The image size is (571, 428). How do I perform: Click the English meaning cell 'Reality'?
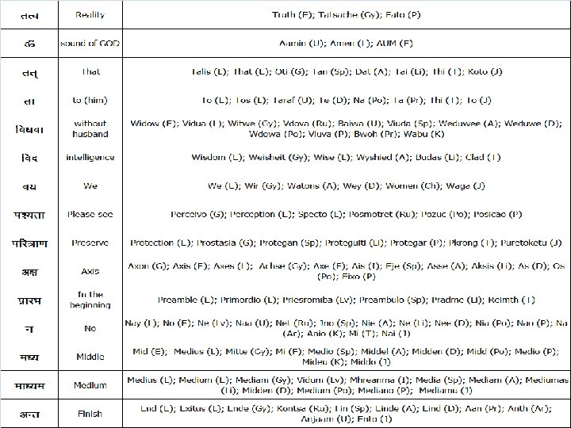pos(90,15)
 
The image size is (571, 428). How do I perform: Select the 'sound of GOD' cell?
pos(90,43)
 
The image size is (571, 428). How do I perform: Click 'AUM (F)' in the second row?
pos(395,43)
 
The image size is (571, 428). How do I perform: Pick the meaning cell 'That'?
pos(90,71)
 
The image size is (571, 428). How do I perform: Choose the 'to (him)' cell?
pos(90,100)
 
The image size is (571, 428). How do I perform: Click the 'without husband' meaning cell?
pos(90,128)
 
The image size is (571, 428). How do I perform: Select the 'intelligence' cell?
pos(90,158)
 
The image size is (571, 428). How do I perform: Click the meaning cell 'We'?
pos(90,186)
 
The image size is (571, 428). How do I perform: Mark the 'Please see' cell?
pos(90,214)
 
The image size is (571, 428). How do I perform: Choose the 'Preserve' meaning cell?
pos(90,243)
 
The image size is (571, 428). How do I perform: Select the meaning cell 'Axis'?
pos(90,271)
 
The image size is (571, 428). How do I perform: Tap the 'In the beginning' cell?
pos(90,300)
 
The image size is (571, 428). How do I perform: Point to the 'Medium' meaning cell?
pos(90,385)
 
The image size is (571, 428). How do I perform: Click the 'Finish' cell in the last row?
pos(90,414)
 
